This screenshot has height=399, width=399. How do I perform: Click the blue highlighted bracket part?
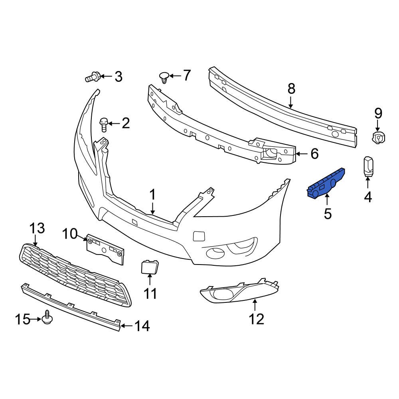325,183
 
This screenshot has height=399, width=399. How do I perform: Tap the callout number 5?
328,214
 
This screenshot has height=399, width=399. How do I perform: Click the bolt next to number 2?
103,124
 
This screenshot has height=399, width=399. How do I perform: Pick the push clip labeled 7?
164,77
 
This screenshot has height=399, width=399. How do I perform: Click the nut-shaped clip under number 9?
378,138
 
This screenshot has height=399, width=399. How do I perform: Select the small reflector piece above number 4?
368,166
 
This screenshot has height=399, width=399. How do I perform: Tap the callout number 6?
314,154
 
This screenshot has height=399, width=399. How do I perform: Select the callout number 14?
142,326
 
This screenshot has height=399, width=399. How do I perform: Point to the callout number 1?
152,195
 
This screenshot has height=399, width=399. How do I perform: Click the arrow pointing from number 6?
301,154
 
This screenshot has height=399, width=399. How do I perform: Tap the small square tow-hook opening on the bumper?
199,236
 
